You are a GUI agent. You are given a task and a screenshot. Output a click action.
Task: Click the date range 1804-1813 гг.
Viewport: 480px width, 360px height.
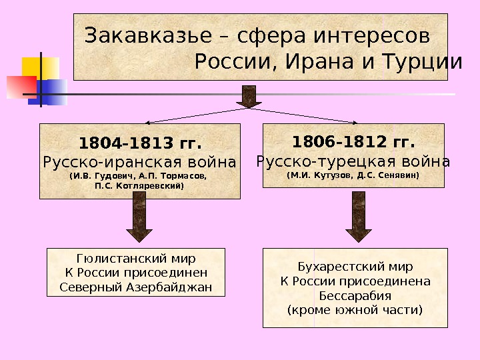140,143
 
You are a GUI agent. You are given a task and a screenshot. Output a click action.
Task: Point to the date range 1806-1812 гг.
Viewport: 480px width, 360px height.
353,142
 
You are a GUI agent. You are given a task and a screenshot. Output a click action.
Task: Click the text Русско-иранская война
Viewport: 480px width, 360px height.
139,162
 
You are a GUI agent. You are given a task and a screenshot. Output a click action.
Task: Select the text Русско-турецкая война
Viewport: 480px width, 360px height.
353,161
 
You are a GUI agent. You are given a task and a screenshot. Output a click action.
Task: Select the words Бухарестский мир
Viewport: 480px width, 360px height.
355,266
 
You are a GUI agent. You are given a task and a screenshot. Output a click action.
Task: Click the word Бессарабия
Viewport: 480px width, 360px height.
355,295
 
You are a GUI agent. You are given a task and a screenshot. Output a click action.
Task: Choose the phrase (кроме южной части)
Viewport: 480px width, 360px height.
355,310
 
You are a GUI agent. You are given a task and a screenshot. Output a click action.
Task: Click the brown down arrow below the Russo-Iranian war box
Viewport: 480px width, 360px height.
139,220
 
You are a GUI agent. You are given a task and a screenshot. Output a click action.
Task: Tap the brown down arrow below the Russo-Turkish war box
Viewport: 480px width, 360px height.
359,220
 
